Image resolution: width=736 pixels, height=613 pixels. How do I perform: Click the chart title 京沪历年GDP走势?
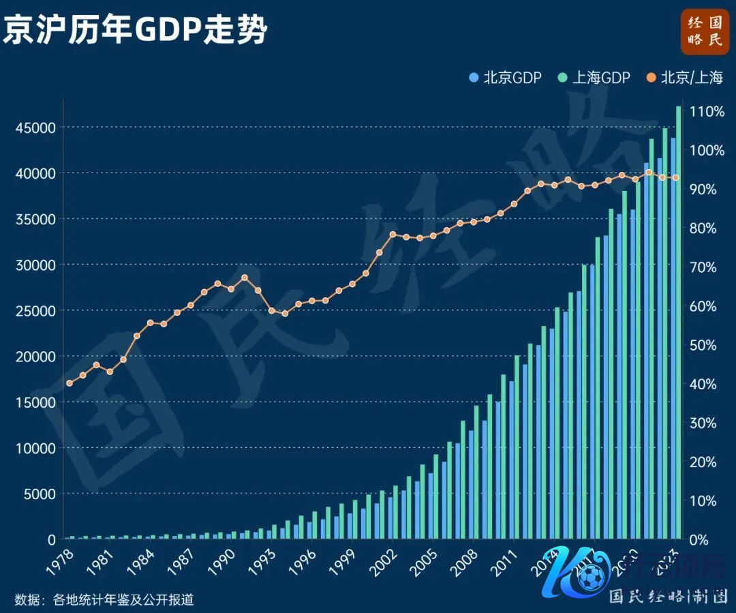click(135, 31)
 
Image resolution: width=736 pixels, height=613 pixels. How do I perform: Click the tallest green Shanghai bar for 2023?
click(678, 320)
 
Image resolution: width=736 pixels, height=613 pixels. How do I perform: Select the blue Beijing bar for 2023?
click(673, 341)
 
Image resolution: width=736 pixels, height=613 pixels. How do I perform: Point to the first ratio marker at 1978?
click(69, 383)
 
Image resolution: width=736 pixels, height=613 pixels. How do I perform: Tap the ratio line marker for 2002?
click(393, 235)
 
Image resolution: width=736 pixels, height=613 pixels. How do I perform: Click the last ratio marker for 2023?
click(675, 178)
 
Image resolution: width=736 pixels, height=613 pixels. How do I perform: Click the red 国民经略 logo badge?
click(705, 31)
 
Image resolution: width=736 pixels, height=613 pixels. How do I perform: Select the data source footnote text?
click(104, 599)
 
